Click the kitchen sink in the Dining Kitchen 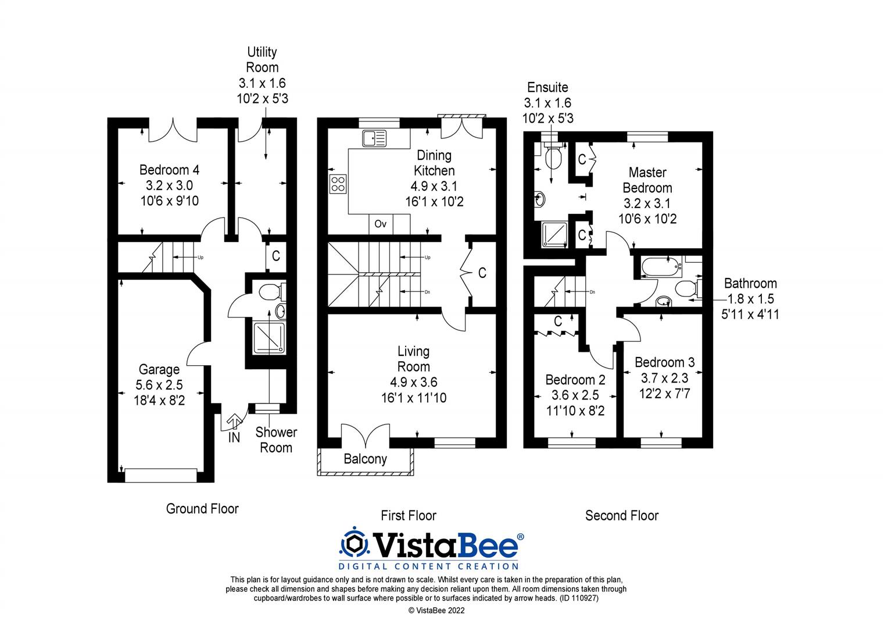pyautogui.click(x=374, y=138)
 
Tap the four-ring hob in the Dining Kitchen pyautogui.click(x=338, y=184)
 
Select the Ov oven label pyautogui.click(x=381, y=224)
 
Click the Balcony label pyautogui.click(x=365, y=459)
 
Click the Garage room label pyautogui.click(x=159, y=369)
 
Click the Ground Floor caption pyautogui.click(x=202, y=509)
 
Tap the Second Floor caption pyautogui.click(x=622, y=515)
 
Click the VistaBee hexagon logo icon pyautogui.click(x=355, y=543)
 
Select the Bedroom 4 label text pyautogui.click(x=169, y=170)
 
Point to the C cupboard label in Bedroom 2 pyautogui.click(x=558, y=321)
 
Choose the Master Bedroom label pyautogui.click(x=647, y=180)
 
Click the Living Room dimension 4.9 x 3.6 pyautogui.click(x=414, y=382)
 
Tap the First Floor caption pyautogui.click(x=409, y=515)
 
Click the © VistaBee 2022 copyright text pyautogui.click(x=436, y=611)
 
